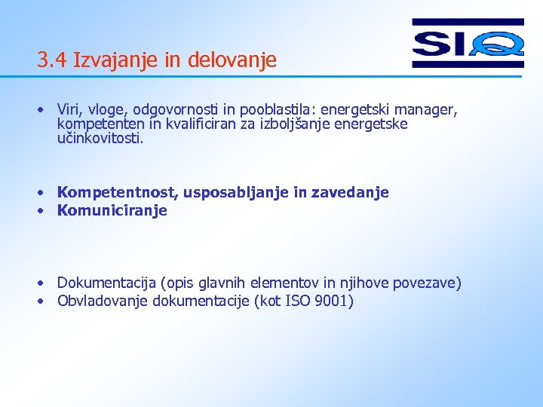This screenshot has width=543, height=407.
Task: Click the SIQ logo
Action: point(468,44)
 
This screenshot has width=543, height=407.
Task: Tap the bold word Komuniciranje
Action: point(112,211)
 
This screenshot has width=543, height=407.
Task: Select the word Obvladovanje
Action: point(103,301)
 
